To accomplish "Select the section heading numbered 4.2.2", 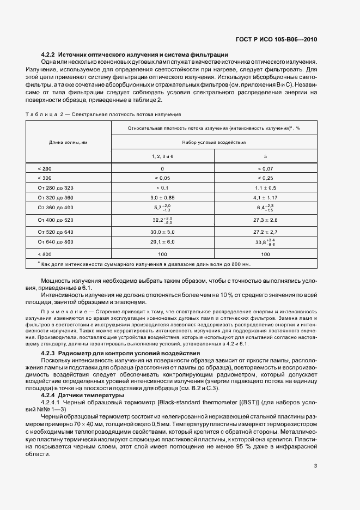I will coord(135,54).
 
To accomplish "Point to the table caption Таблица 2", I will coord(103,114).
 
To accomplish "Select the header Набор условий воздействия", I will coord(214,142).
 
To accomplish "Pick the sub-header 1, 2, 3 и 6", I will coord(162,156).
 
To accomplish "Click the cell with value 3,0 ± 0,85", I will coord(162,197).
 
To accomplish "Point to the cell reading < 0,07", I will coord(265,169).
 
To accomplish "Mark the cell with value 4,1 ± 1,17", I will coord(265,197).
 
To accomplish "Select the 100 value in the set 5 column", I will coord(265,254).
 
